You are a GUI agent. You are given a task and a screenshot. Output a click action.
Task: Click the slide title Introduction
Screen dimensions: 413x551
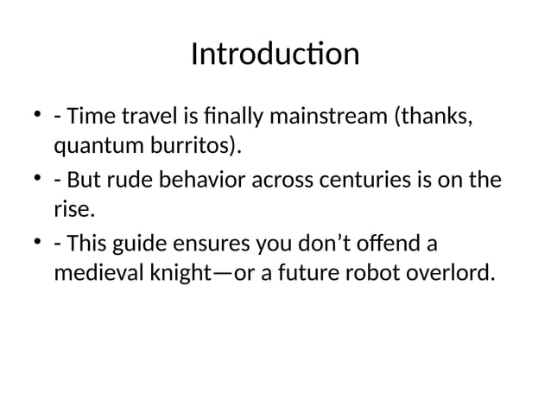click(275, 54)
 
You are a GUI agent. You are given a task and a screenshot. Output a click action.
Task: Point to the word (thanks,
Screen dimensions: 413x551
click(434, 116)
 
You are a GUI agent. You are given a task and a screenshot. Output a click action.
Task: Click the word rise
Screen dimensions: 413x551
click(73, 211)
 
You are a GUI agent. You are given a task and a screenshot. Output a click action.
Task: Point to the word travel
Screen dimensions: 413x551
click(146, 116)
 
